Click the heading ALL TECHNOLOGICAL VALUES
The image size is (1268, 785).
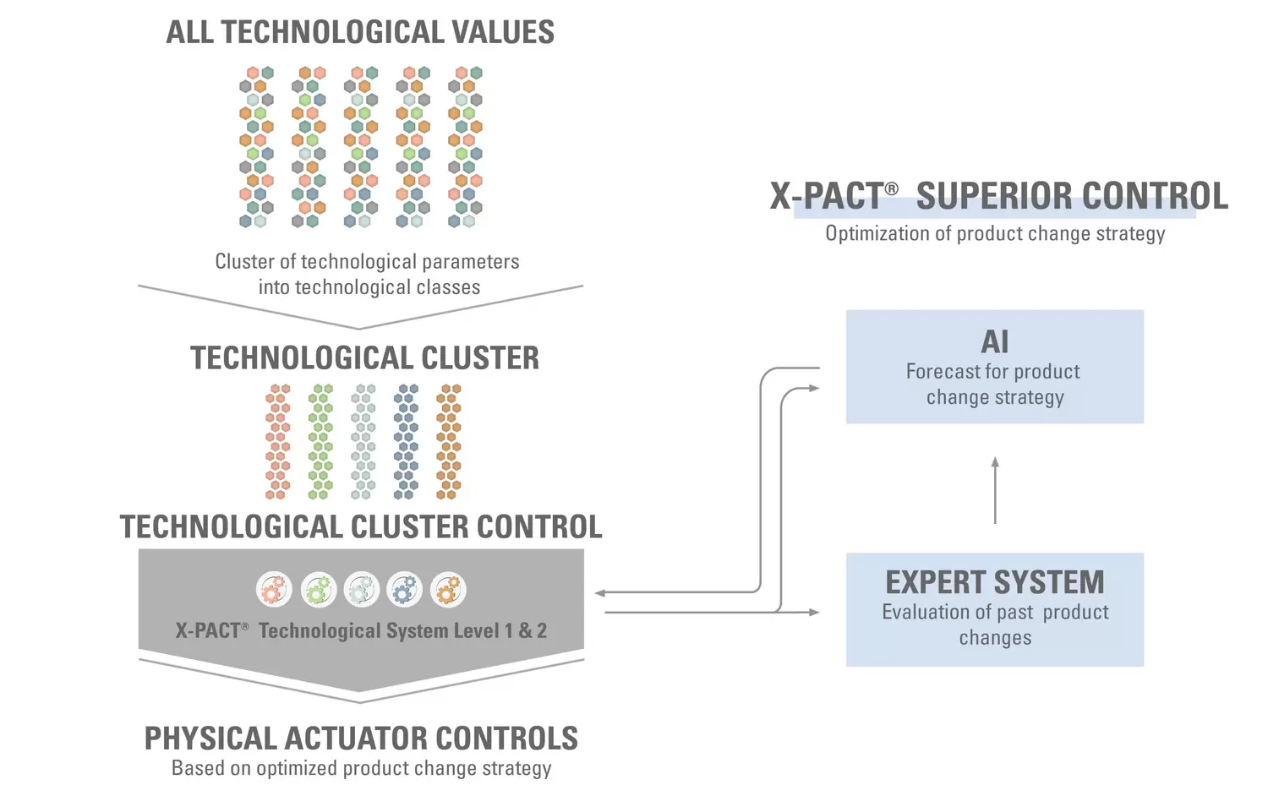point(360,33)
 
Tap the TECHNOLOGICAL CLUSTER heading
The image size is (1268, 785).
point(364,358)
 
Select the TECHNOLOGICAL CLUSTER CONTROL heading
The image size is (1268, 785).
point(361,527)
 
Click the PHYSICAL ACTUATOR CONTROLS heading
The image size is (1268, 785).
point(361,739)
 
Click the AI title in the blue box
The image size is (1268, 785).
point(994,342)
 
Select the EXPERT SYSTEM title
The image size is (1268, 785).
point(994,582)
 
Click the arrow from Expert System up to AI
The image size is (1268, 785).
point(995,490)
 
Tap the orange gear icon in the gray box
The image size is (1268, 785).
point(448,590)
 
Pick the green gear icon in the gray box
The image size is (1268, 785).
point(319,590)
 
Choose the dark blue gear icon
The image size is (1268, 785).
point(404,590)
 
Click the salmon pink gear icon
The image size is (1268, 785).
point(274,590)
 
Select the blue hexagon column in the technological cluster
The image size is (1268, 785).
point(406,441)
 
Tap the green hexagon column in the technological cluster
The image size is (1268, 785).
point(320,441)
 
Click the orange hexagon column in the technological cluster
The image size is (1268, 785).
point(448,441)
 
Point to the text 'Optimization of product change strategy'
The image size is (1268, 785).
point(995,234)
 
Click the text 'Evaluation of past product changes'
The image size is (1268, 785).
point(995,624)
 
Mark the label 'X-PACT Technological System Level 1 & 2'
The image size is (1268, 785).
point(361,631)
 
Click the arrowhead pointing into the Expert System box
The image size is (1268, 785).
point(814,612)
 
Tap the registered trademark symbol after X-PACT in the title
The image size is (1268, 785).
point(891,188)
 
